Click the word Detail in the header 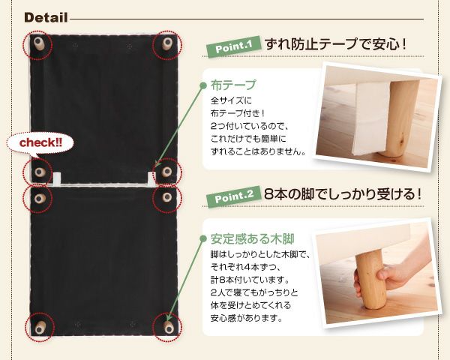46,17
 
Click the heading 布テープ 233,85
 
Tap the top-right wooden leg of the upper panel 166,45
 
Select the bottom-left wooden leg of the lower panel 39,327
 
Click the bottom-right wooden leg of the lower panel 167,327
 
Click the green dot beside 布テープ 202,85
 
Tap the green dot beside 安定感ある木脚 202,240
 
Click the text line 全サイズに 229,100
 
